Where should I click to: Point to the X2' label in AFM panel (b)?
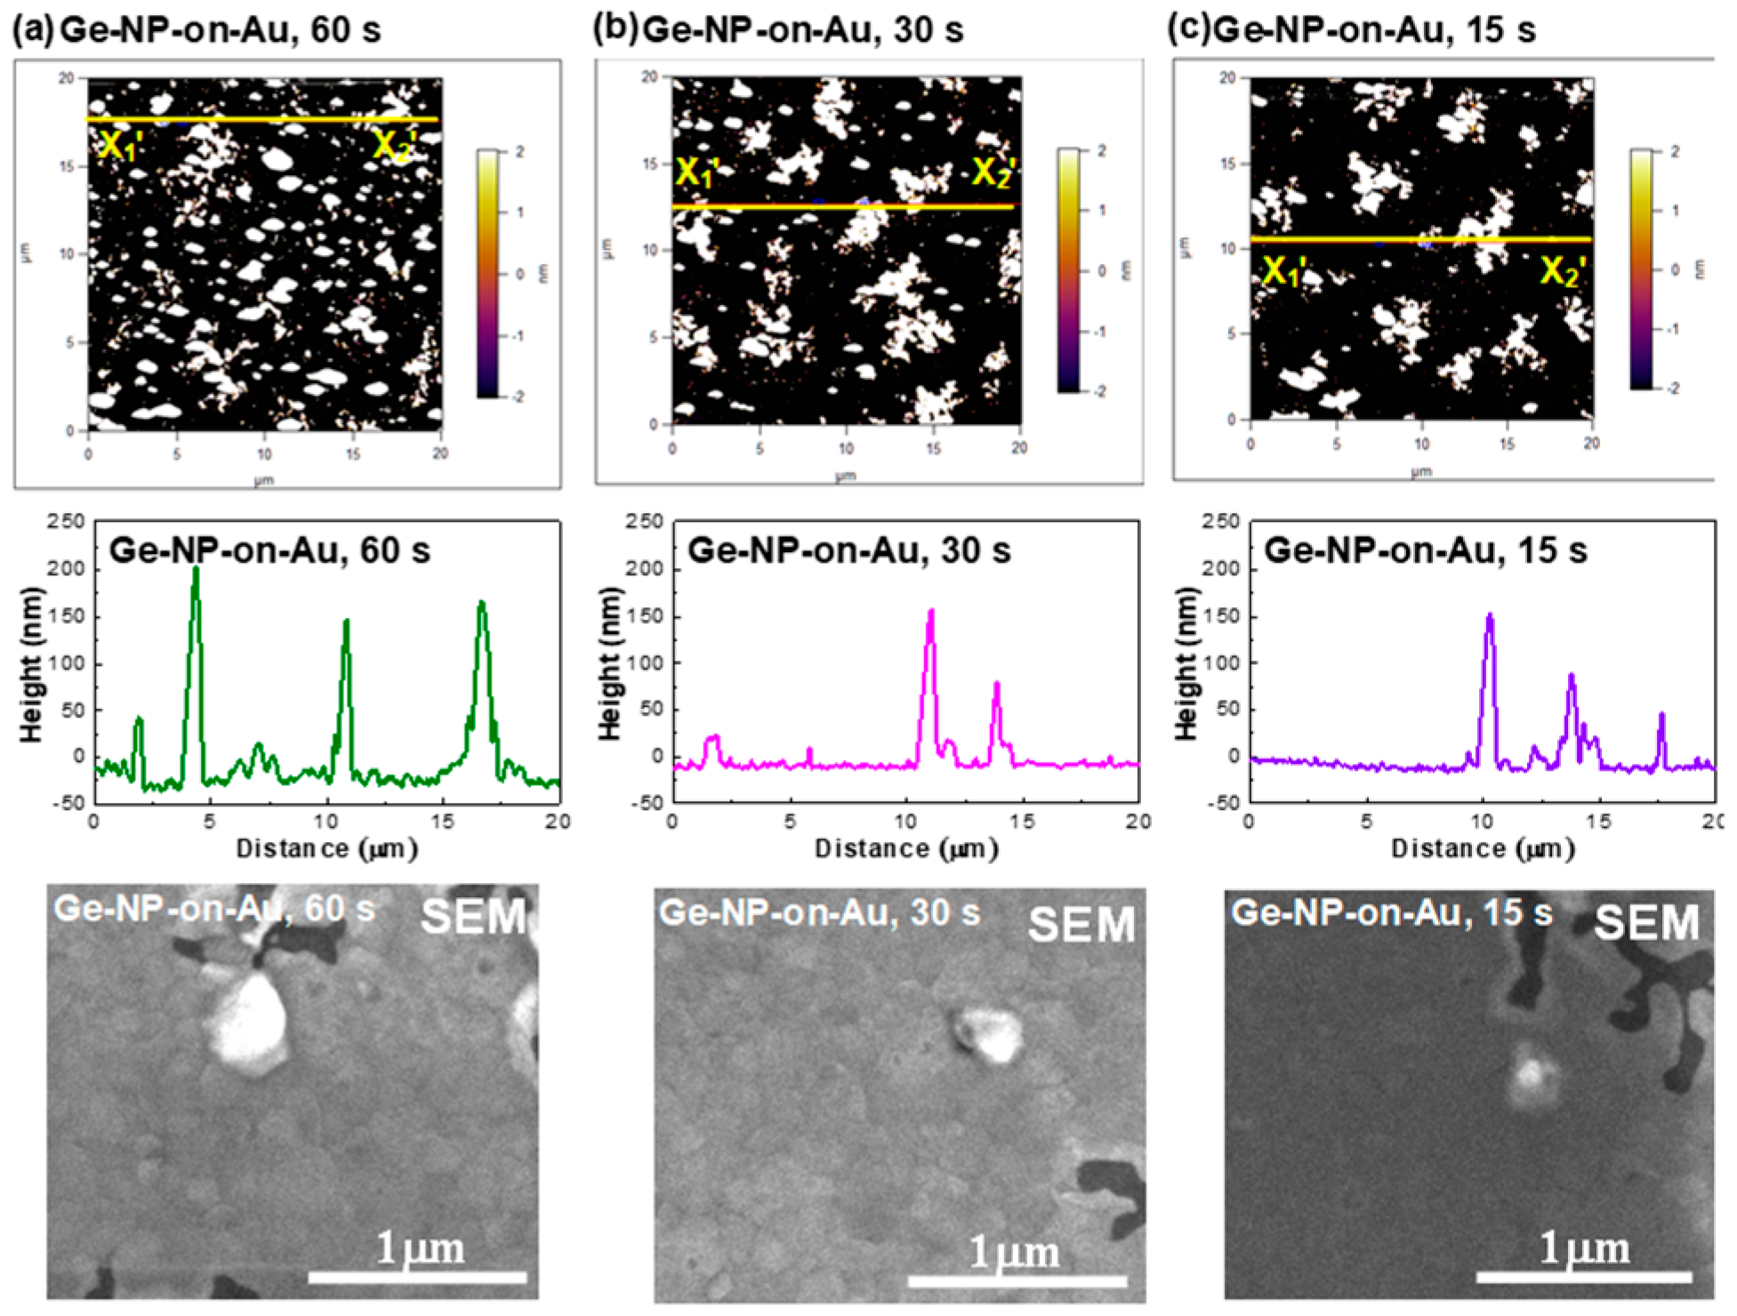(x=993, y=173)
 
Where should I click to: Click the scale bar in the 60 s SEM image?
(x=417, y=1278)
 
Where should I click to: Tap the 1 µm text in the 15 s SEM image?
(x=1584, y=1248)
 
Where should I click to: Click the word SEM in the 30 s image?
(x=1081, y=925)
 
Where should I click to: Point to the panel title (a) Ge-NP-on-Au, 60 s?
(x=196, y=30)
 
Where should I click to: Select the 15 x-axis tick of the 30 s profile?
(x=1023, y=822)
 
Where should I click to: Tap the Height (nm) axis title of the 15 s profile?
(x=1186, y=663)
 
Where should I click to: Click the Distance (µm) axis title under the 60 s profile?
(x=326, y=849)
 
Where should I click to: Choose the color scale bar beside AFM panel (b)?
(x=1068, y=270)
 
